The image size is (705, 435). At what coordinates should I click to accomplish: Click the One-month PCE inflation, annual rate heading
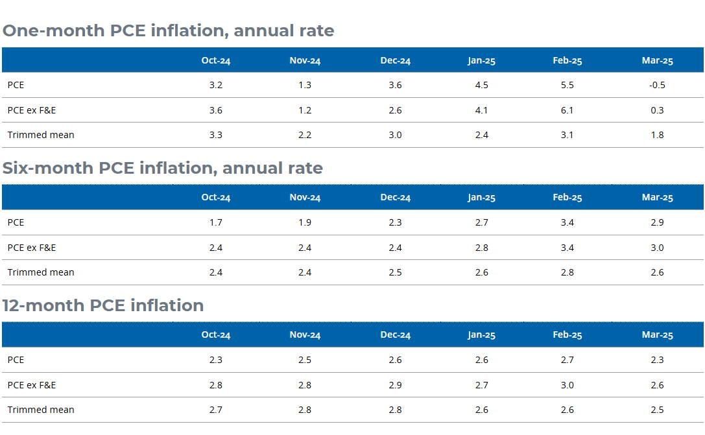(168, 30)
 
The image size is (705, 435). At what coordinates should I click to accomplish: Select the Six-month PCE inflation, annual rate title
(162, 168)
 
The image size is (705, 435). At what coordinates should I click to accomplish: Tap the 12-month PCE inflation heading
(102, 305)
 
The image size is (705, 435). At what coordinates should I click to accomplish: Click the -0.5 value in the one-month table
(657, 85)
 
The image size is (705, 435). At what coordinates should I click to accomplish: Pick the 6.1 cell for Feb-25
(567, 110)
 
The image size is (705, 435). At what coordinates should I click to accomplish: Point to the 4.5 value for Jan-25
(481, 85)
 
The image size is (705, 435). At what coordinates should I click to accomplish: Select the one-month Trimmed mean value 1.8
(657, 135)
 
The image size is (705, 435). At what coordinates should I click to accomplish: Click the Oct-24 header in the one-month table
(216, 60)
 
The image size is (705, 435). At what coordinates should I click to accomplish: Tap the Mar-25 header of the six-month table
(657, 198)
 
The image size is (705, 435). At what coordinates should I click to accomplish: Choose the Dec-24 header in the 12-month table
(395, 335)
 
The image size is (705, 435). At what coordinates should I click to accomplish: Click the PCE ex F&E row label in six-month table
(32, 248)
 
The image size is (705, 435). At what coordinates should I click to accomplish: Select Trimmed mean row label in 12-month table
(41, 410)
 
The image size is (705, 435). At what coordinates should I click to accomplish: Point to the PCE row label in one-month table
(16, 85)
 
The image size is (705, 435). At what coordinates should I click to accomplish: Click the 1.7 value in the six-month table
(216, 222)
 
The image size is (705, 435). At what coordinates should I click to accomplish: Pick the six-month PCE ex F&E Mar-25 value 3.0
(657, 248)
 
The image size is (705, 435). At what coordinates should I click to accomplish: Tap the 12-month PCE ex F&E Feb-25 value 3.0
(567, 385)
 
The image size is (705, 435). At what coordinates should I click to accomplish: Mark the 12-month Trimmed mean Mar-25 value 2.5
(657, 410)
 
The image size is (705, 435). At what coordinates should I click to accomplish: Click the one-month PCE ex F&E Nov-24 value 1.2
(305, 110)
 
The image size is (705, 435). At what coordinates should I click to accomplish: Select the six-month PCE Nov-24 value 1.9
(305, 222)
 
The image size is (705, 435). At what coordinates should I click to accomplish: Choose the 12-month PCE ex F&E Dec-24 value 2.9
(395, 385)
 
